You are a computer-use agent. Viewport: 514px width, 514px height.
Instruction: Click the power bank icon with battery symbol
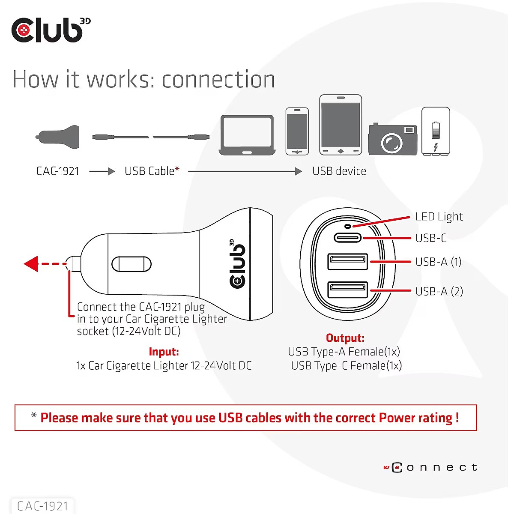(x=436, y=131)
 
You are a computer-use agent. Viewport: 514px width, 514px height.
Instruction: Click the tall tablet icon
(x=341, y=125)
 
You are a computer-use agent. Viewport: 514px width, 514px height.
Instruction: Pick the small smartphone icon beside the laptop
(x=297, y=131)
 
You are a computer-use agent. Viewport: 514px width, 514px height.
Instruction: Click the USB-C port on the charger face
(x=347, y=238)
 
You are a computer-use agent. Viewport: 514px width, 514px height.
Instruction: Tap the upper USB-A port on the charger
(x=347, y=262)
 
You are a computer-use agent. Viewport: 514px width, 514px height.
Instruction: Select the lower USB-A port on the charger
(x=347, y=290)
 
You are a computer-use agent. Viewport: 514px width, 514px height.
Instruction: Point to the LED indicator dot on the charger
(x=347, y=226)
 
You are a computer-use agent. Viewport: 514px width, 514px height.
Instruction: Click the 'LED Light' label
(x=439, y=217)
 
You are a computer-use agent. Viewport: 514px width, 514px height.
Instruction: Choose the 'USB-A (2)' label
(x=439, y=292)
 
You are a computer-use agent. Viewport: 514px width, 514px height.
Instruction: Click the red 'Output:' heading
(x=345, y=338)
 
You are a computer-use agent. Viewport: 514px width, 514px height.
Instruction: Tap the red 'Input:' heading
(x=164, y=352)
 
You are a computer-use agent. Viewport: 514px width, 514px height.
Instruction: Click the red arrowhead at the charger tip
(x=31, y=264)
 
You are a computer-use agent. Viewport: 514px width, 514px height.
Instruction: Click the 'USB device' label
(x=339, y=171)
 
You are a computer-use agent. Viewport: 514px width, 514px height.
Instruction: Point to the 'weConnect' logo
(x=430, y=467)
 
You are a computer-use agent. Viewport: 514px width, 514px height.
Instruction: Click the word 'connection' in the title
(x=218, y=80)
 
